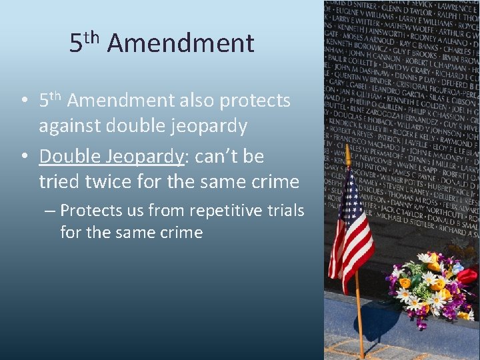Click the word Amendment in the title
(x=180, y=44)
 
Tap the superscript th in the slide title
(x=91, y=37)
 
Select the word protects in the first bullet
(x=255, y=101)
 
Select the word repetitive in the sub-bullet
(x=229, y=211)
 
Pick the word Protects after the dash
(x=89, y=211)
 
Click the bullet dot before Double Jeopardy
(x=23, y=157)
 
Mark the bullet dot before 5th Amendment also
(x=23, y=101)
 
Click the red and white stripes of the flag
(x=353, y=247)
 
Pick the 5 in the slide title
(x=76, y=44)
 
